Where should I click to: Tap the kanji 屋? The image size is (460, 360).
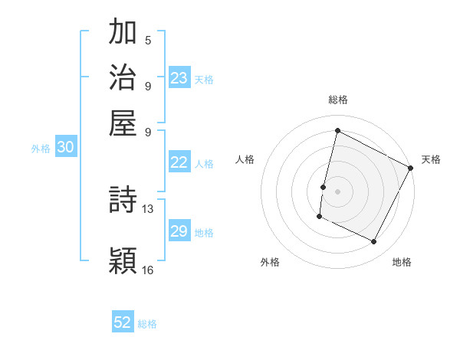pos(123,123)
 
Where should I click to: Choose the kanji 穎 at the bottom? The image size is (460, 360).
pos(123,260)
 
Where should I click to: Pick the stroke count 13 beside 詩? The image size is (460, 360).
pos(148,208)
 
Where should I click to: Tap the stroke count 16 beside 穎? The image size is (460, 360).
pos(148,270)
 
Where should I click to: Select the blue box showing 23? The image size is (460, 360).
pos(179,78)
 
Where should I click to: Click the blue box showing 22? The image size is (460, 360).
pos(179,162)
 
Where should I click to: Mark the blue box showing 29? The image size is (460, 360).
pos(179,231)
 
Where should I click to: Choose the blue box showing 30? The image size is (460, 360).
pos(65,149)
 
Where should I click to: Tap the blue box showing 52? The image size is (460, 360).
pos(123,322)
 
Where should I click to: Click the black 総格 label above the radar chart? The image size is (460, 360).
pos(337,100)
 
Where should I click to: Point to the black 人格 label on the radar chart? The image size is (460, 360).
pos(245,159)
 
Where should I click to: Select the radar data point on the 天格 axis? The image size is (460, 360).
pos(411,167)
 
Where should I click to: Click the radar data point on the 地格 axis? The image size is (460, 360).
pos(374,242)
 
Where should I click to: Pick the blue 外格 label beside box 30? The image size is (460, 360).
pos(41,149)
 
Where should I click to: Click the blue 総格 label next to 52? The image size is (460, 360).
pos(147,323)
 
